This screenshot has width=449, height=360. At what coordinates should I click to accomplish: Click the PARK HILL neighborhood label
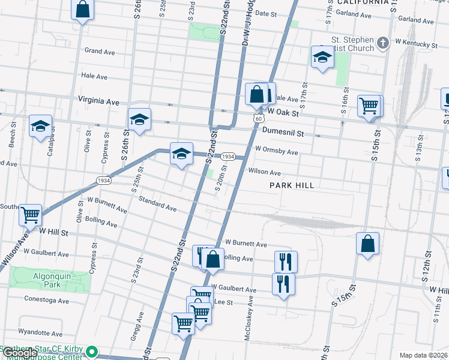point(292,185)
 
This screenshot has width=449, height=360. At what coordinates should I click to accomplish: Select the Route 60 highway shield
point(257,119)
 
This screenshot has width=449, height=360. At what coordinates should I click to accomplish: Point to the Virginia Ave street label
point(98,102)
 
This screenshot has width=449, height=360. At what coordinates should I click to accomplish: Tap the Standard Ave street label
point(157,204)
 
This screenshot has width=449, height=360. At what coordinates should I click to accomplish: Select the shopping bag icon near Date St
point(83,10)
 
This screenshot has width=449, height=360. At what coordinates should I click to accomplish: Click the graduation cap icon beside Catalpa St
point(41,126)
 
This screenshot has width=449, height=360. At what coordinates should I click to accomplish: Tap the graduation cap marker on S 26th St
point(139,119)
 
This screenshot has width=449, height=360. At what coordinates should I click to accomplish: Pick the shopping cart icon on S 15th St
point(369,106)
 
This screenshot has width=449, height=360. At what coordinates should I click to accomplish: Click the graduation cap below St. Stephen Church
point(322,58)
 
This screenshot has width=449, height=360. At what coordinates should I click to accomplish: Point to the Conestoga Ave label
point(47,299)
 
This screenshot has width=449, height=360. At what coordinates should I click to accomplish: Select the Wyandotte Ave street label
point(41,333)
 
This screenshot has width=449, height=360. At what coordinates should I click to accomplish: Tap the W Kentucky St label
point(415,44)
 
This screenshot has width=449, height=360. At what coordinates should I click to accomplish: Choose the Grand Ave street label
point(100,52)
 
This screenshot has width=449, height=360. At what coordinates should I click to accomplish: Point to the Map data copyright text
point(423,355)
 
